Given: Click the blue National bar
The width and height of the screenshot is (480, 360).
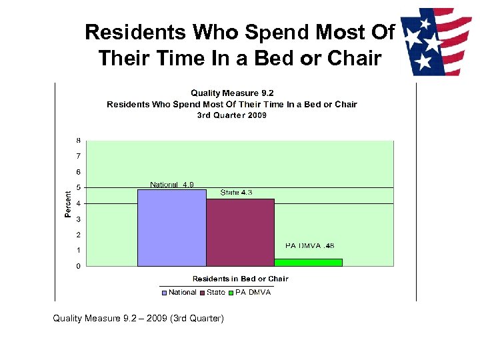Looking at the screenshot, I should [171, 228].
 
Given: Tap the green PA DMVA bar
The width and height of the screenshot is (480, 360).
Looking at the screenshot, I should [309, 263].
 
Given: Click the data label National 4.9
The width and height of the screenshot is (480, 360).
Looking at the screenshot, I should [172, 185].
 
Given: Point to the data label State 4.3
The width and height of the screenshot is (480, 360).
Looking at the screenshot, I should [236, 193].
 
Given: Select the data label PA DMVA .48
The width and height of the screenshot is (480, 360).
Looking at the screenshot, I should [310, 246].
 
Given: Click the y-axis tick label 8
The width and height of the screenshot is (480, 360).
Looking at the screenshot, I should [79, 141].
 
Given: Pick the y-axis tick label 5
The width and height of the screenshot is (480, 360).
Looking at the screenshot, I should [79, 187].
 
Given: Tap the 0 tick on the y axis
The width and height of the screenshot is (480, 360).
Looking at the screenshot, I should [79, 266].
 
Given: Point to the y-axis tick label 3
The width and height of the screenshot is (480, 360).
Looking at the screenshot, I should [79, 219].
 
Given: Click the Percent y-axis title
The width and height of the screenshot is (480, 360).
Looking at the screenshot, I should [68, 203].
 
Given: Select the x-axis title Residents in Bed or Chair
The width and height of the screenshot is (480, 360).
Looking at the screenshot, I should [240, 279].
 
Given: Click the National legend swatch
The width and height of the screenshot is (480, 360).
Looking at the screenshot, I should [164, 293].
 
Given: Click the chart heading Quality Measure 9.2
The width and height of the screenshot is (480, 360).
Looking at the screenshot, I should [231, 93].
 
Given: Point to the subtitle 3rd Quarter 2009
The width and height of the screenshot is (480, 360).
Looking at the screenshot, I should [231, 115].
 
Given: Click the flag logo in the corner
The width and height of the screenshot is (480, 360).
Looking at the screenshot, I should [436, 41].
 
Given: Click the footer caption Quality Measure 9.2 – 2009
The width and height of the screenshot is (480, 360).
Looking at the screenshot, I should [139, 319].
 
